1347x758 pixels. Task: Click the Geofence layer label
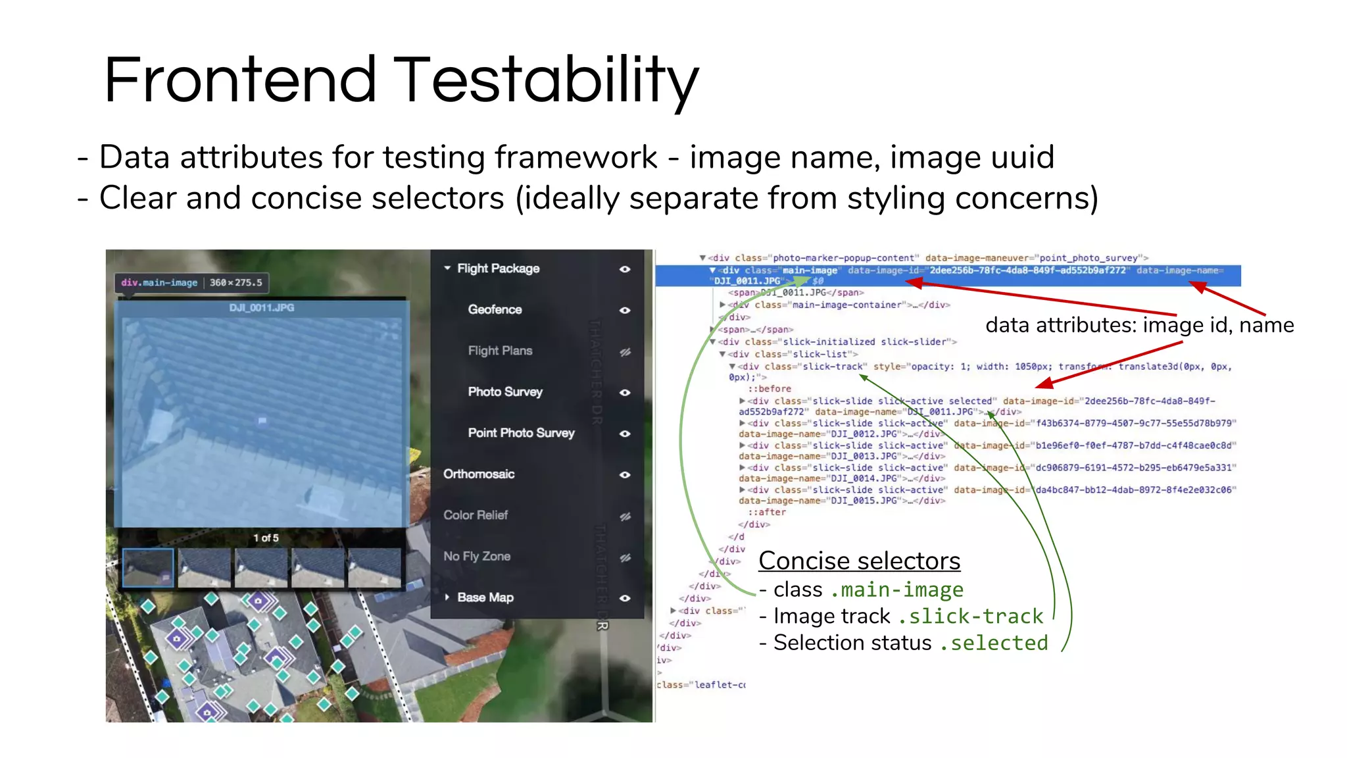495,309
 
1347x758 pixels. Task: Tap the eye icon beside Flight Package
625,269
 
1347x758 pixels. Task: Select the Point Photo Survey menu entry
521,433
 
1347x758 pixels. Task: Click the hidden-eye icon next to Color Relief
625,517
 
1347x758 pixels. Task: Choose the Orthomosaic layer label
479,474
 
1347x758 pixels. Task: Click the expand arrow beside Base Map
447,597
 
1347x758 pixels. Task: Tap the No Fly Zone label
477,557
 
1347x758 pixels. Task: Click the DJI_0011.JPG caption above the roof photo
262,308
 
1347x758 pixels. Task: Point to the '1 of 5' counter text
266,538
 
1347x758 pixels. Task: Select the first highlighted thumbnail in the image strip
148,567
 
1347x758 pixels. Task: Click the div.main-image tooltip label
159,283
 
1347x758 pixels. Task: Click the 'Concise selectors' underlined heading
859,561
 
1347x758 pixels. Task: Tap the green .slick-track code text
970,617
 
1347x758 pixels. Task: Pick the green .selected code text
994,643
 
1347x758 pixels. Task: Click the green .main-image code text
896,590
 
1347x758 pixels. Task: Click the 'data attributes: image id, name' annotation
1139,325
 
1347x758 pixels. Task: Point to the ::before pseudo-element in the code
769,389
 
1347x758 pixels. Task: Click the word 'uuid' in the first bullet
1021,157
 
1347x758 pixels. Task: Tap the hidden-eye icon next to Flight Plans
625,352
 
